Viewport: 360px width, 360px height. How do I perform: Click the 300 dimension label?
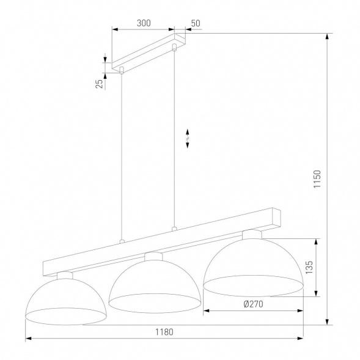pyautogui.click(x=144, y=23)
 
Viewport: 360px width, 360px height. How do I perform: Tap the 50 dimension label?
pyautogui.click(x=196, y=23)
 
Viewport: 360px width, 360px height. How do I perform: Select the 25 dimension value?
pyautogui.click(x=99, y=83)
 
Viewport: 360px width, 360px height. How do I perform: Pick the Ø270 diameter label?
pyautogui.click(x=253, y=304)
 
